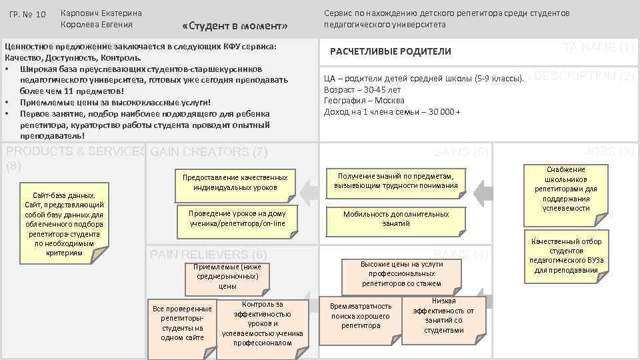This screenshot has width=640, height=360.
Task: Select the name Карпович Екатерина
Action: (x=101, y=13)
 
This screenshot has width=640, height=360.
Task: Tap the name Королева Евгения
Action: (x=96, y=25)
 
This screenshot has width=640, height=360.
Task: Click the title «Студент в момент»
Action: (x=234, y=26)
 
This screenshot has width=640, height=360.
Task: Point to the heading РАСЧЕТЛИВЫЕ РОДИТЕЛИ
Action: (x=391, y=51)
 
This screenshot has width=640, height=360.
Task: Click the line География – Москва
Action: (x=365, y=100)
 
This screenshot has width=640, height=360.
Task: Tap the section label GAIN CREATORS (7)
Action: (x=209, y=152)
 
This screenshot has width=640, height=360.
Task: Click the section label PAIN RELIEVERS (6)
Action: (x=209, y=255)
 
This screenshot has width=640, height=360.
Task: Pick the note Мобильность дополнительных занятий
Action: (x=395, y=219)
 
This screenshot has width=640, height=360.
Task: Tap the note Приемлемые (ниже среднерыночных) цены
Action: (x=227, y=276)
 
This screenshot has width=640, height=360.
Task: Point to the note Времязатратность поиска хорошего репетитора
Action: (x=361, y=316)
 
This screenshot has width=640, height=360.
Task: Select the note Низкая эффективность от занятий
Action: (x=443, y=315)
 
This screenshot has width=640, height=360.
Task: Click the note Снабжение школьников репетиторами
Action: (x=565, y=189)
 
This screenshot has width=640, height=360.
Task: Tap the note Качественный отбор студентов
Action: (x=566, y=255)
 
